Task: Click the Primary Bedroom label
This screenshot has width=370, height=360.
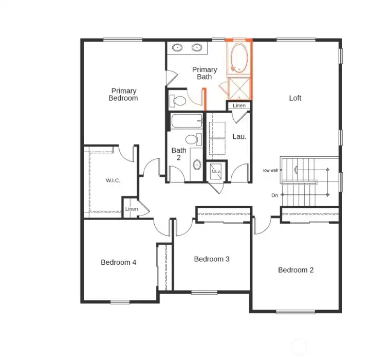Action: tap(123, 95)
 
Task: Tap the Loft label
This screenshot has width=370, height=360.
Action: tap(295, 98)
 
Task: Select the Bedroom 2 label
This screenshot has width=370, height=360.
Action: tap(295, 270)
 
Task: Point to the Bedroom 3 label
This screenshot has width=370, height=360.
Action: tap(211, 259)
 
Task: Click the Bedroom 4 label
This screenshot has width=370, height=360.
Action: tap(118, 262)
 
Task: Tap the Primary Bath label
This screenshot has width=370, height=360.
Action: tap(205, 73)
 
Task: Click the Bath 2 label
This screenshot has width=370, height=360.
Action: tap(179, 154)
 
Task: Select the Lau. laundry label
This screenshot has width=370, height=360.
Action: tap(239, 137)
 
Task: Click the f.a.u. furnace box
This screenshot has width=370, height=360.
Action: tap(215, 172)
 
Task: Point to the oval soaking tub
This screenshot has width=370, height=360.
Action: tap(239, 58)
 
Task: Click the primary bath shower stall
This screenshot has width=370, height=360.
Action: tap(239, 89)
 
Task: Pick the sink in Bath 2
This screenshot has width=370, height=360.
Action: tap(197, 165)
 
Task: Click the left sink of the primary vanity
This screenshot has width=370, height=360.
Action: tap(177, 48)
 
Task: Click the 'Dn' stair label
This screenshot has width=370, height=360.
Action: tap(274, 195)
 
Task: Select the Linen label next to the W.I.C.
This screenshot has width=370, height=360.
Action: tap(132, 209)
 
